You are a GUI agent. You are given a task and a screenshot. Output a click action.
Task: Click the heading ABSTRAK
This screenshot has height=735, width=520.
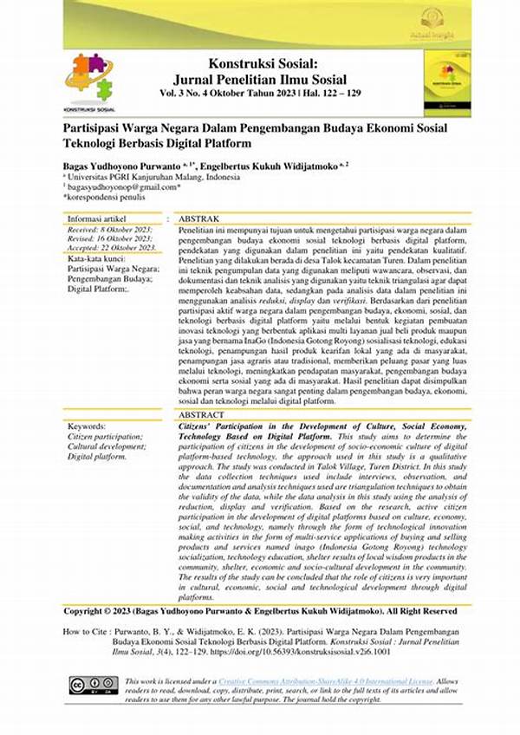pyautogui.click(x=199, y=219)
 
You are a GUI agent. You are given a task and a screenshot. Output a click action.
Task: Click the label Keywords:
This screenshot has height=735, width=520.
pyautogui.click(x=87, y=426)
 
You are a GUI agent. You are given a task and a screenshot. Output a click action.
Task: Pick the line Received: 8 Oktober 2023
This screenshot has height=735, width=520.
pyautogui.click(x=109, y=229)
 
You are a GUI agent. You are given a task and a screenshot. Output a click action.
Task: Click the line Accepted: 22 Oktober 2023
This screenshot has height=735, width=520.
pyautogui.click(x=112, y=247)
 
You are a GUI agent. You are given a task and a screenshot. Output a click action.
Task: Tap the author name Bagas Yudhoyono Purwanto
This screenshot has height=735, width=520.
pyautogui.click(x=133, y=164)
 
